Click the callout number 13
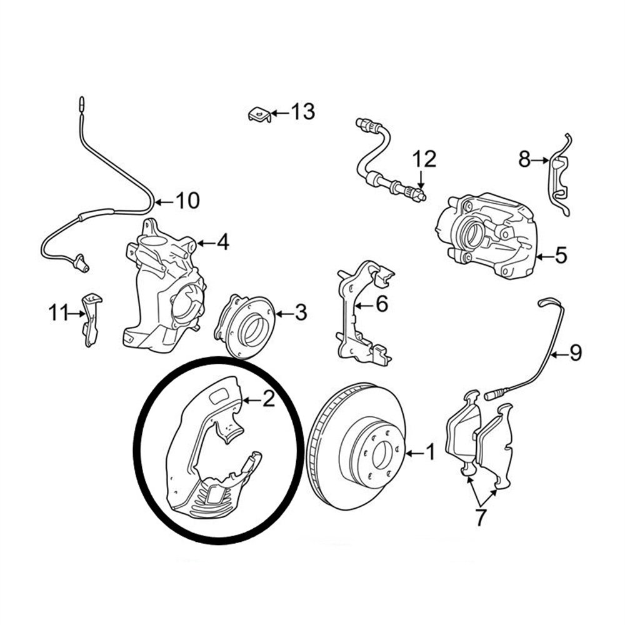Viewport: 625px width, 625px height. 303,112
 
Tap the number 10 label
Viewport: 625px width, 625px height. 187,201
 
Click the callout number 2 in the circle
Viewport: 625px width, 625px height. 269,399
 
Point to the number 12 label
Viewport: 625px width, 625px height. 424,159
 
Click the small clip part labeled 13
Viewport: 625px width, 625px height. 259,115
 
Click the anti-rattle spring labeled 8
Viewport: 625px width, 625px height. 560,176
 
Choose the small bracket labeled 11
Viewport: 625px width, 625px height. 91,320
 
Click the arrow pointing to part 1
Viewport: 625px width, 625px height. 416,453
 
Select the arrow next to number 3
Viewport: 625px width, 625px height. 284,314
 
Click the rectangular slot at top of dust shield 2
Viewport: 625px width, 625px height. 218,397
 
